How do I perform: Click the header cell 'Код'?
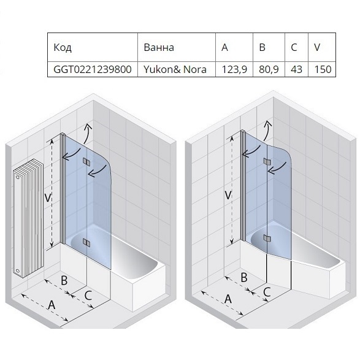[63, 47]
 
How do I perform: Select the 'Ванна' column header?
[159, 47]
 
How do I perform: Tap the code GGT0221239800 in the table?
[92, 69]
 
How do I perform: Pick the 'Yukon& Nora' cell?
[175, 69]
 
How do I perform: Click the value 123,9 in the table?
[234, 69]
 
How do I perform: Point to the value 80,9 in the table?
[269, 69]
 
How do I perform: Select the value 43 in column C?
[296, 69]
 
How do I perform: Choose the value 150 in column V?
[323, 69]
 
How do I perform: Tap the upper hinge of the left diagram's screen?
[86, 161]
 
